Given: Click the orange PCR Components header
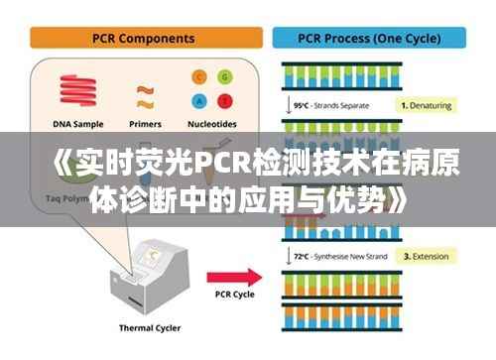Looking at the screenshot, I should click(x=143, y=39).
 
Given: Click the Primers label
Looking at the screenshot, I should click(x=146, y=125).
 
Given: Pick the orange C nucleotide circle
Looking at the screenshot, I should click(x=198, y=77).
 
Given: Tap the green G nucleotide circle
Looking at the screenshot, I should click(x=224, y=77).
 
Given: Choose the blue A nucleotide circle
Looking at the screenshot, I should click(x=198, y=100).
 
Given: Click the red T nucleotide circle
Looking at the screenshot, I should click(x=224, y=100).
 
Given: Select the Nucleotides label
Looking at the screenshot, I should click(x=212, y=125).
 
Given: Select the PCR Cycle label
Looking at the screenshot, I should click(x=235, y=295).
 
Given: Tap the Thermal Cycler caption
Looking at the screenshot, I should click(x=151, y=328).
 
